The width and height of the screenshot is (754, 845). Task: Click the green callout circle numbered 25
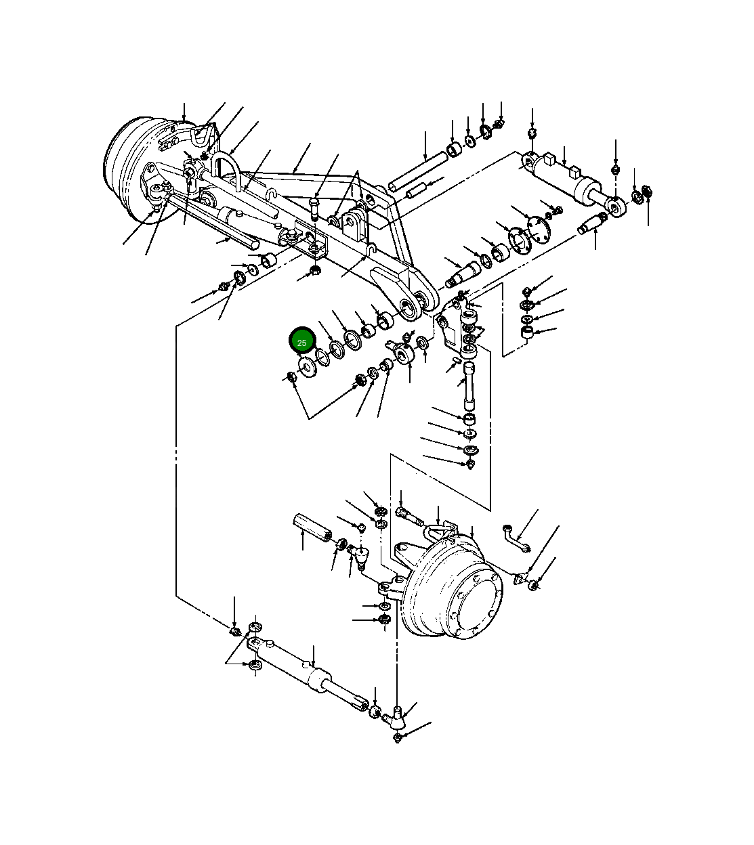point(302,342)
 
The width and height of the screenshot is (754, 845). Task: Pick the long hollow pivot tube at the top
point(417,172)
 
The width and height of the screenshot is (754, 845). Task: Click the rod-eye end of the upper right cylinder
point(616,207)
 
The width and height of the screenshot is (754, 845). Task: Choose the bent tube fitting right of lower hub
point(517,538)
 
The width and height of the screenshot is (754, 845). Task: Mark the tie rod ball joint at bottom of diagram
point(399,717)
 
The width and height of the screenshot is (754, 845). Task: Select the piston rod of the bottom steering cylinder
point(349,697)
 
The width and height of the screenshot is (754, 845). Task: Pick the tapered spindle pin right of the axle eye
point(462,274)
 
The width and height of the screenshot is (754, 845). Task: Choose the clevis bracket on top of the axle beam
point(353,223)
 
